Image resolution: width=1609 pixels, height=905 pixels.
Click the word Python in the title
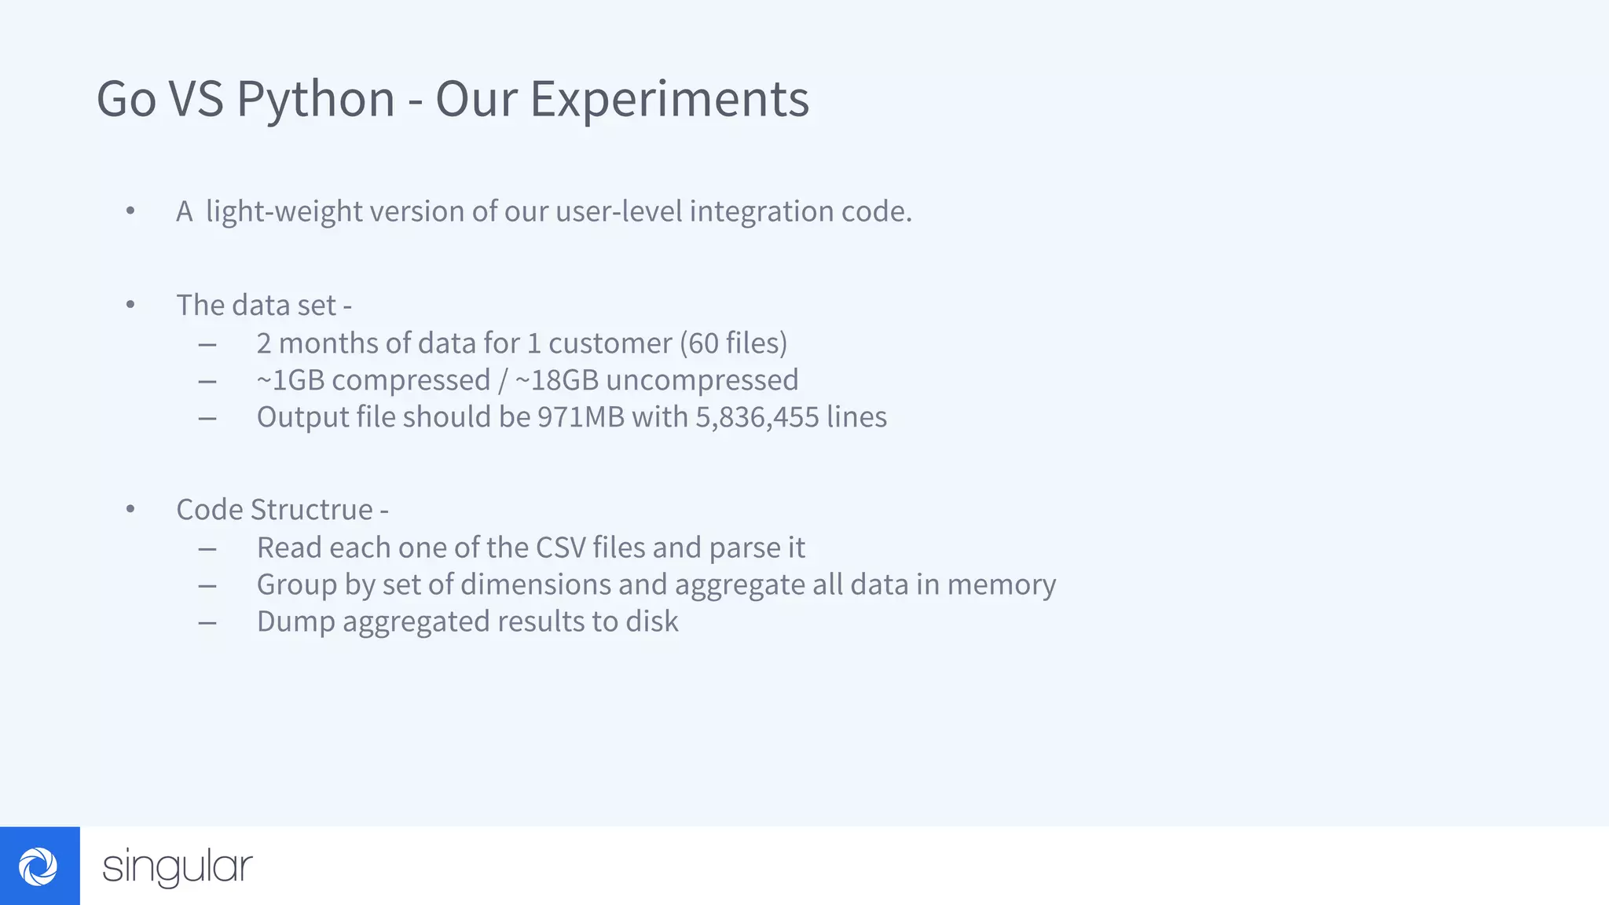[315, 100]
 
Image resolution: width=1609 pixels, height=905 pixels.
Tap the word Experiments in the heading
[669, 100]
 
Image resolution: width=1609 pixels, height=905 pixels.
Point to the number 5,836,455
[757, 417]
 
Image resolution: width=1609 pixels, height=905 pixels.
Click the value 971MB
[581, 417]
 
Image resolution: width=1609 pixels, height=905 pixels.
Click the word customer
[610, 343]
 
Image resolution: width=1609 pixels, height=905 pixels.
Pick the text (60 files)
[733, 343]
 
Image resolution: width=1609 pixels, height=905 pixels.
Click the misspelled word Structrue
[312, 510]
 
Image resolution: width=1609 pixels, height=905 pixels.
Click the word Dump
[295, 621]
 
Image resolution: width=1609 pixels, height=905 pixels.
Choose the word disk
[651, 621]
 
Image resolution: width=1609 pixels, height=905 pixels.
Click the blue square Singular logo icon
[39, 866]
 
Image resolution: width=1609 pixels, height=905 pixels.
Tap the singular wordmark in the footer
[178, 867]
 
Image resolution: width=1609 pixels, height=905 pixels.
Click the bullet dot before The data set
[130, 305]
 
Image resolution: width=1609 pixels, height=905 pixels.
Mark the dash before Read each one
[207, 548]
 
